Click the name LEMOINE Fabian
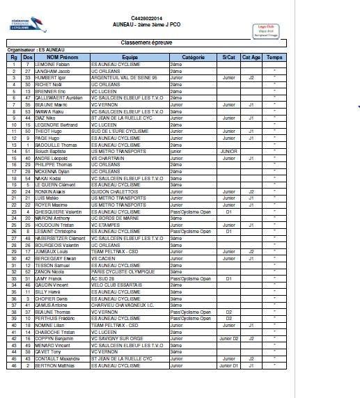(52, 64)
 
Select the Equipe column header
(130, 57)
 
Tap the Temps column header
(274, 57)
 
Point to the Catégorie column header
(193, 57)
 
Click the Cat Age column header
(251, 57)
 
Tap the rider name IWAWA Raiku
(50, 110)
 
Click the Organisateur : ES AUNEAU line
(31, 50)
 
